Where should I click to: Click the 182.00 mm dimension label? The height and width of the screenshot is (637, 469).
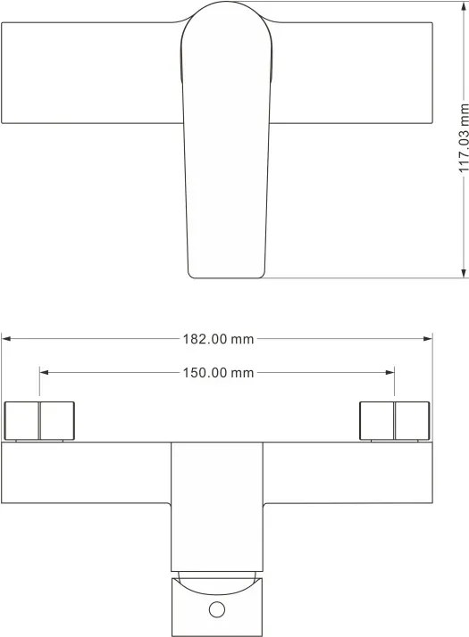[218, 339]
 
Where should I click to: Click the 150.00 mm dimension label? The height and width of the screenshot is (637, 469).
[218, 373]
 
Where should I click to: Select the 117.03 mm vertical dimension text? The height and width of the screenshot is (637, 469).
[465, 138]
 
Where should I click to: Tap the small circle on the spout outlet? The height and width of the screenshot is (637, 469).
[217, 609]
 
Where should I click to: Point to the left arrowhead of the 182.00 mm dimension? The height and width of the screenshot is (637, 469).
[6, 338]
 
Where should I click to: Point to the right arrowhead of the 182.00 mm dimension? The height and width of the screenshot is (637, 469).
[428, 338]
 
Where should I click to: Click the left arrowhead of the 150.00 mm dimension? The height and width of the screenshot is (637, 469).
[44, 372]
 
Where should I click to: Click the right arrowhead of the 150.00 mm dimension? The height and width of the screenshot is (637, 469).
[389, 372]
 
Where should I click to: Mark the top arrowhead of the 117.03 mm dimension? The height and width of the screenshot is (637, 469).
[465, 6]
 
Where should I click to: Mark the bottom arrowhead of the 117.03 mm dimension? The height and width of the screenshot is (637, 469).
[465, 273]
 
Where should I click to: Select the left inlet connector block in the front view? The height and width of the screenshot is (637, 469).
[39, 421]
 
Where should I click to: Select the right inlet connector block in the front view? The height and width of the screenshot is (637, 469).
[395, 421]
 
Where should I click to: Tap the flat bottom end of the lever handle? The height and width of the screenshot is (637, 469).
[226, 277]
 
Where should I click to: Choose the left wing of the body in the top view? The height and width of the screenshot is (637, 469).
[91, 73]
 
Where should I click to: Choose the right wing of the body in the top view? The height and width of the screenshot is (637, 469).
[352, 73]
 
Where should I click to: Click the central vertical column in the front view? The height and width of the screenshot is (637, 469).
[217, 507]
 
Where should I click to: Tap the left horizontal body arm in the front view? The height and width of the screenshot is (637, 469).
[86, 473]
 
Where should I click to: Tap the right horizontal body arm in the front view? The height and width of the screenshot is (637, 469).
[348, 473]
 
